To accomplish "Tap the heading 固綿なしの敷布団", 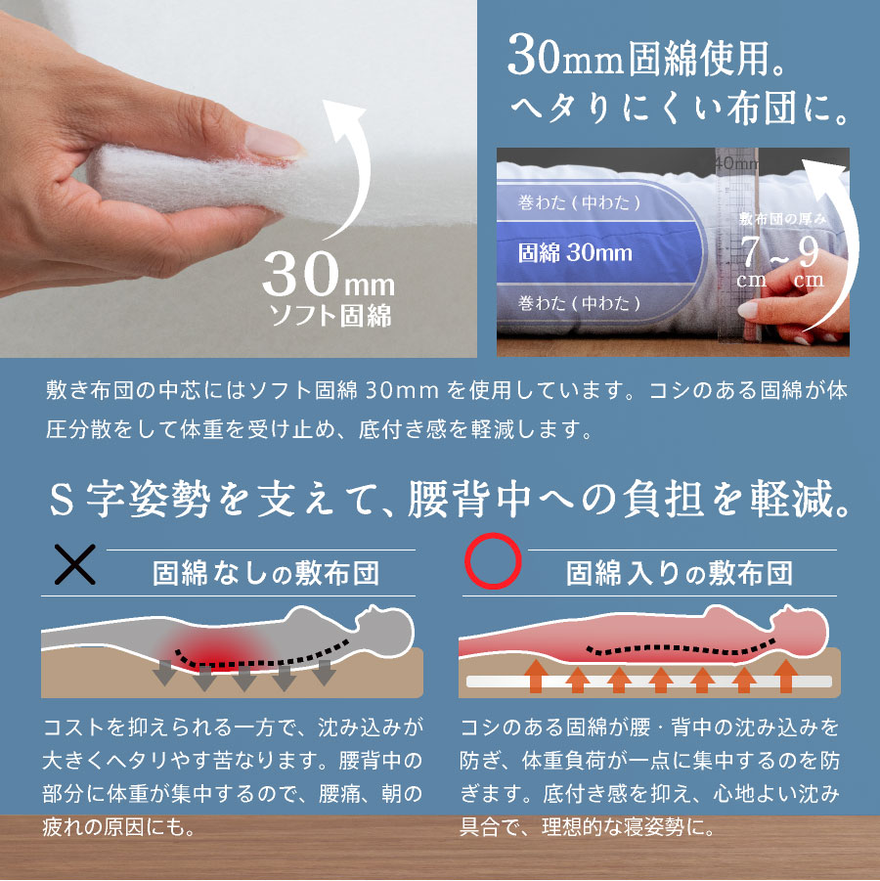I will [266, 571].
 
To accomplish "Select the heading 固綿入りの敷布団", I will [680, 571].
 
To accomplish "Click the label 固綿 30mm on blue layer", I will [575, 253].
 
